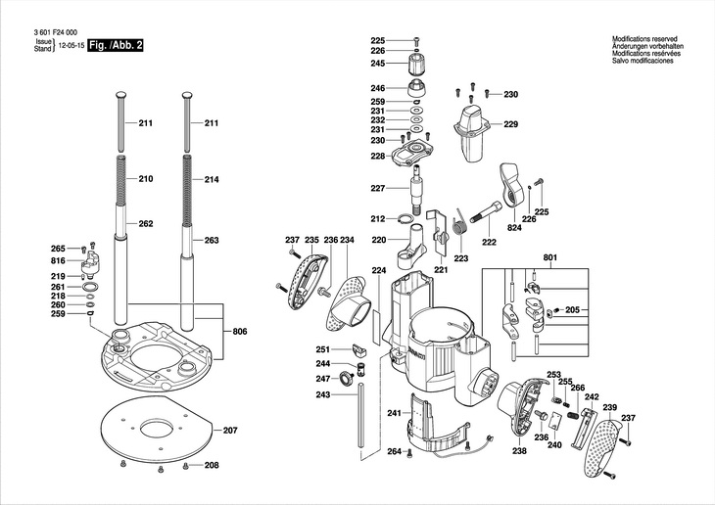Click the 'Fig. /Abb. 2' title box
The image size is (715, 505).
(x=116, y=45)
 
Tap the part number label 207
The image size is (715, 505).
(x=230, y=431)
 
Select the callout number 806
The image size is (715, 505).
(x=240, y=332)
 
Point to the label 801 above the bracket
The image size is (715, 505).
(x=550, y=257)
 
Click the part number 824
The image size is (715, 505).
(x=514, y=228)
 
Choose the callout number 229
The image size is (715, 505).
(x=511, y=124)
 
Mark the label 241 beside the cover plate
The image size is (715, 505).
(x=395, y=413)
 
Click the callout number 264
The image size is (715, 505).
(x=395, y=452)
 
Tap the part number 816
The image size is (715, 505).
(x=58, y=260)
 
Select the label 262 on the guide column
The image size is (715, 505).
(x=146, y=224)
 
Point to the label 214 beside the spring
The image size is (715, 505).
(x=212, y=179)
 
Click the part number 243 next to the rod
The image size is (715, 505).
(x=323, y=394)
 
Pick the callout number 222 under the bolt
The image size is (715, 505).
(x=489, y=242)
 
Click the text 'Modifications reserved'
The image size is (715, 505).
(x=644, y=39)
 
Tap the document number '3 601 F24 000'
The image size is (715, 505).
(x=56, y=32)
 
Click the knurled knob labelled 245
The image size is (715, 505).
(x=416, y=65)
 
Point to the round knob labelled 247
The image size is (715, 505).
(x=348, y=379)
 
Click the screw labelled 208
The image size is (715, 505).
(x=185, y=465)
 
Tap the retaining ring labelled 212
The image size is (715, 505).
(x=405, y=219)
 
